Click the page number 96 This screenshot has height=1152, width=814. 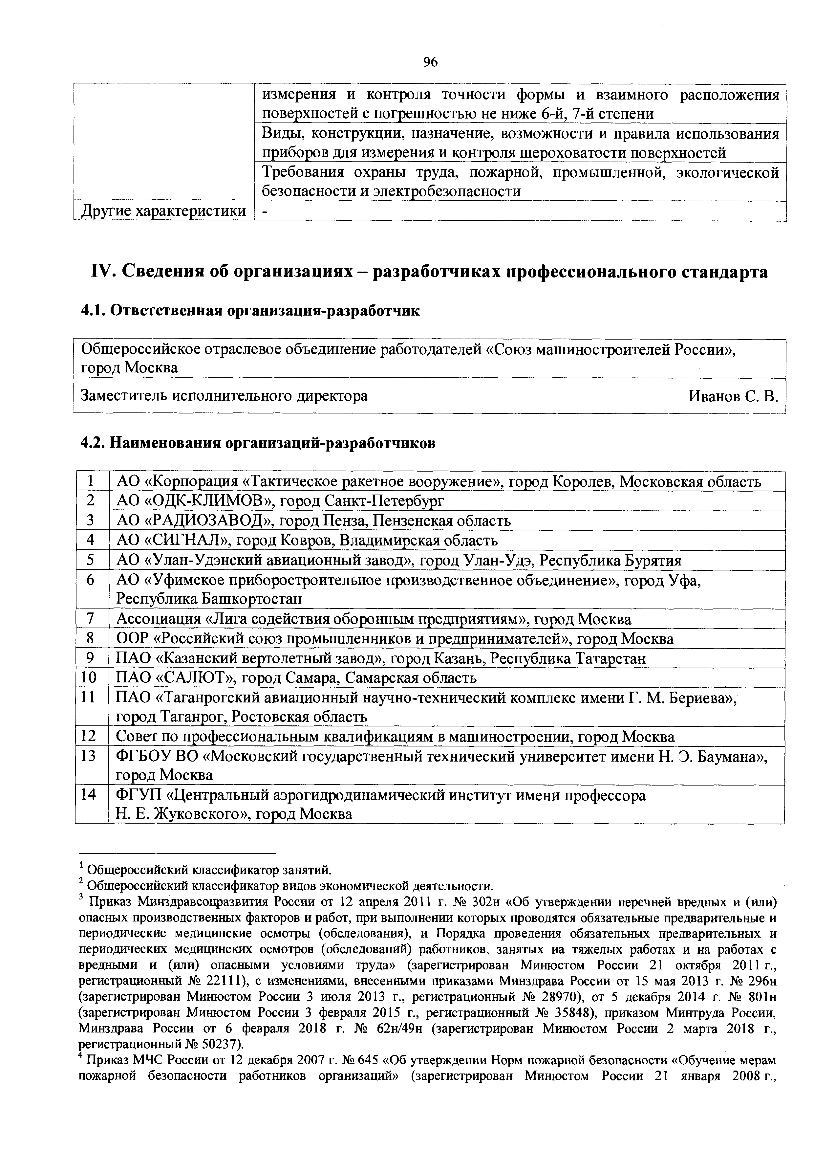pyautogui.click(x=430, y=62)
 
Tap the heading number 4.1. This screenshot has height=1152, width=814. pyautogui.click(x=93, y=311)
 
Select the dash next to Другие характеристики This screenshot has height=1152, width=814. pyautogui.click(x=265, y=211)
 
